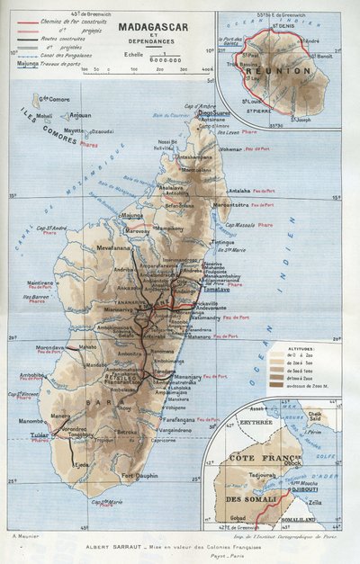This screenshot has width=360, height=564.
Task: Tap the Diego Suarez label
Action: (213, 113)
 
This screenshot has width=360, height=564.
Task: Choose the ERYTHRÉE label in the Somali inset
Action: (232, 421)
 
